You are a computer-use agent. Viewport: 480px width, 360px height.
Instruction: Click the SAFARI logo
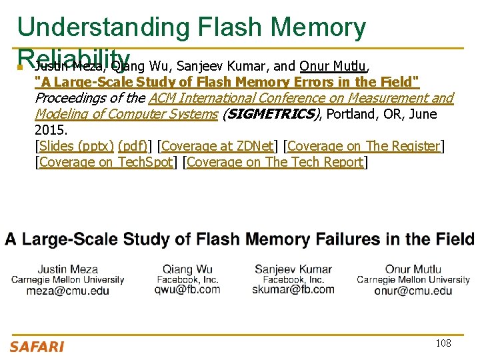click(x=37, y=346)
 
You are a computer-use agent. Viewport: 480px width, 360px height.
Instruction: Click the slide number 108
click(x=443, y=343)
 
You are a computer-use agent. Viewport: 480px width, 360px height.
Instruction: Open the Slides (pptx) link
click(x=76, y=146)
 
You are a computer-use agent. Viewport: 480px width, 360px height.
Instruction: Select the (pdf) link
click(x=134, y=146)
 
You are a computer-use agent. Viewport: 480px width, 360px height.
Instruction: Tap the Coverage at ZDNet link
click(x=217, y=146)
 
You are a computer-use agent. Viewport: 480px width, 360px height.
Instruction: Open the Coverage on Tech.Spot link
click(x=106, y=162)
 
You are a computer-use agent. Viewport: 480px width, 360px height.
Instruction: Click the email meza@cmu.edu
click(x=68, y=291)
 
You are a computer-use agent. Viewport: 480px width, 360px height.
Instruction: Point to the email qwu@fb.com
click(x=187, y=289)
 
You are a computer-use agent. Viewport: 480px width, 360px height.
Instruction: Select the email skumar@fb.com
click(x=293, y=289)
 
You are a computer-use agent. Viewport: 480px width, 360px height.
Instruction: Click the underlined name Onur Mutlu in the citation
click(x=333, y=66)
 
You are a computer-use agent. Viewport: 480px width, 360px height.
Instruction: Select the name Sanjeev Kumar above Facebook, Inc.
click(x=293, y=269)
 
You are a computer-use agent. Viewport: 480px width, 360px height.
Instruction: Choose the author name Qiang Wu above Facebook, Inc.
click(x=187, y=269)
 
